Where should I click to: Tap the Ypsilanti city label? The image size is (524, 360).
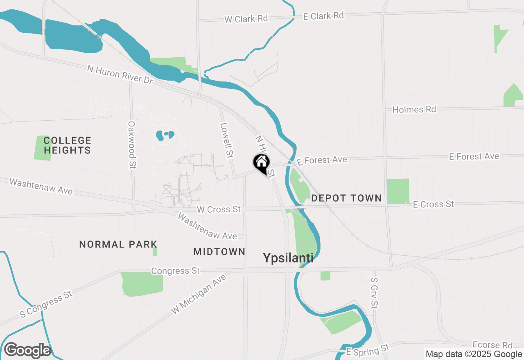click(288, 258)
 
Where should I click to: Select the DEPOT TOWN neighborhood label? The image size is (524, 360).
click(346, 198)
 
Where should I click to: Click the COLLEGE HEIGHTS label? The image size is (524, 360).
click(68, 145)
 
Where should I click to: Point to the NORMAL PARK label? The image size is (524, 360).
click(118, 245)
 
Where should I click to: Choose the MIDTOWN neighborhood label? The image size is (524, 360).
click(219, 252)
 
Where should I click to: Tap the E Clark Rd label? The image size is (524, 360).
click(323, 16)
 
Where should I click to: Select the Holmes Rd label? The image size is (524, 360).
click(414, 110)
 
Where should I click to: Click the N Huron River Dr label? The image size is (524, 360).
click(120, 74)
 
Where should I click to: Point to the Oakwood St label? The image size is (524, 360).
click(132, 145)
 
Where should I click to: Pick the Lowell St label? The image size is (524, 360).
click(226, 140)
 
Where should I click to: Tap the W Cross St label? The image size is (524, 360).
click(219, 209)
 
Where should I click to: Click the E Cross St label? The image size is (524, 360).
click(433, 204)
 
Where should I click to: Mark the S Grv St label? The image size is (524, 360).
click(374, 293)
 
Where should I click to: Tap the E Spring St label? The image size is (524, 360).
click(368, 349)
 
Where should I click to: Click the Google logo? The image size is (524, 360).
click(27, 351)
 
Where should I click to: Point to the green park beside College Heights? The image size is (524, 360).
click(42, 148)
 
